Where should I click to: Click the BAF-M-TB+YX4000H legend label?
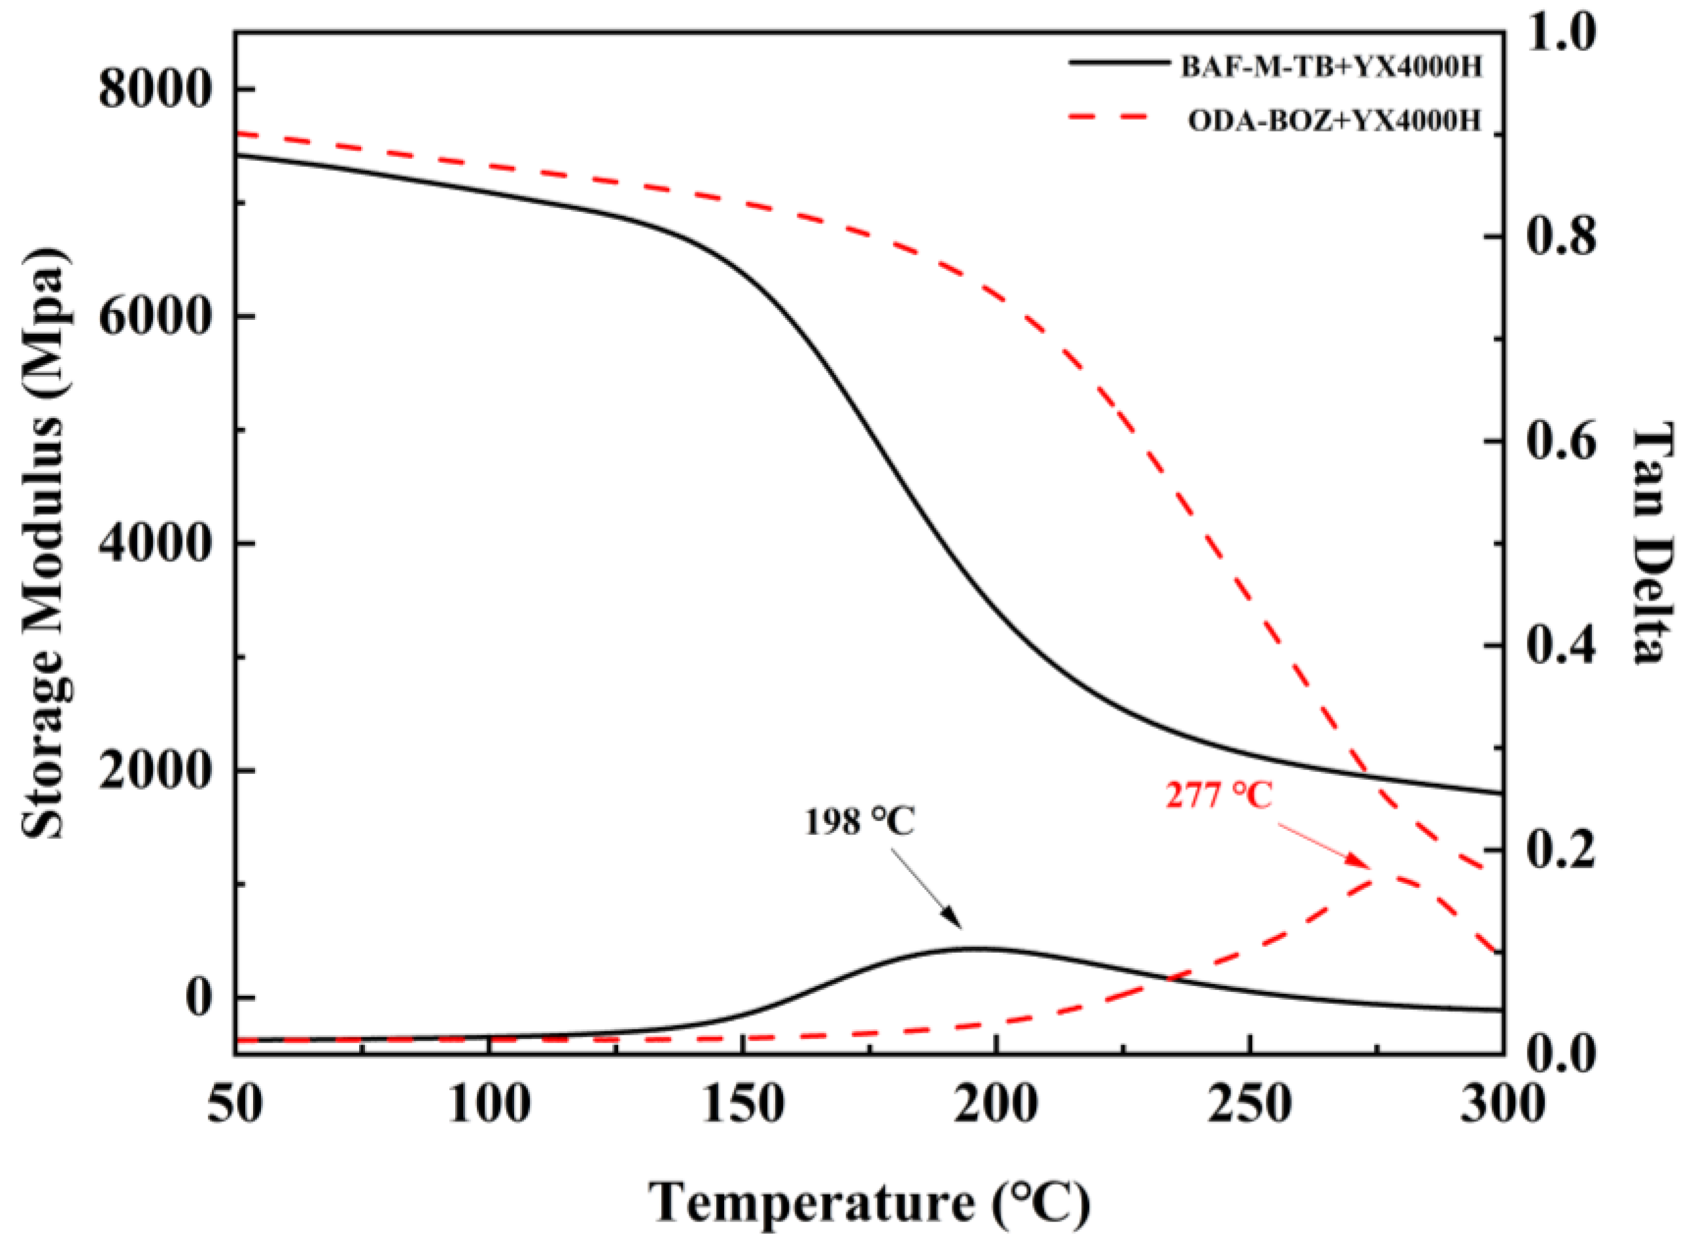[1331, 67]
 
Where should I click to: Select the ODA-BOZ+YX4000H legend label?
[1335, 121]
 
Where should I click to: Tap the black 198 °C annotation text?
[859, 822]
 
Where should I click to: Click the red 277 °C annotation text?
[1219, 796]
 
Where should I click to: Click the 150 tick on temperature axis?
[743, 1104]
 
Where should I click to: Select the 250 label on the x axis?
[1251, 1104]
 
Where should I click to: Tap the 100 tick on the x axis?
[490, 1104]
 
